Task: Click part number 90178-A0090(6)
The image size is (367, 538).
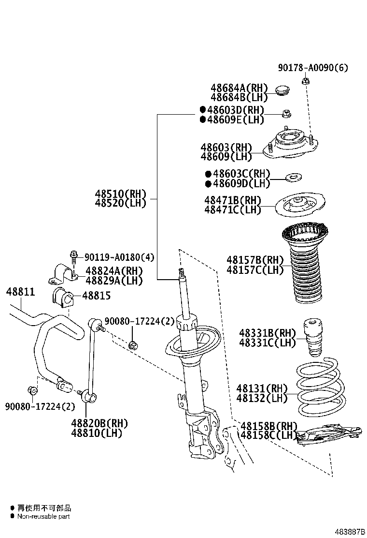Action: point(312,68)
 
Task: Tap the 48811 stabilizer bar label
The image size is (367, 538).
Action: point(20,292)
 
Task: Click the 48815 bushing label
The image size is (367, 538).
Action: point(96,295)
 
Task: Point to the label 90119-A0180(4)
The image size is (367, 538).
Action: point(119,257)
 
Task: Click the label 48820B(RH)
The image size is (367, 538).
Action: point(99,423)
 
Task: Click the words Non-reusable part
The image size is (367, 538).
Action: point(43,516)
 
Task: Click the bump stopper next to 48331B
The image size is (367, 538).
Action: point(312,339)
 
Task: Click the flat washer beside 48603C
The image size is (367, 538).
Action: point(293,178)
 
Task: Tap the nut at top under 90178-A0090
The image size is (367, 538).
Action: point(306,81)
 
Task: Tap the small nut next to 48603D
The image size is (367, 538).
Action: point(286,114)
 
